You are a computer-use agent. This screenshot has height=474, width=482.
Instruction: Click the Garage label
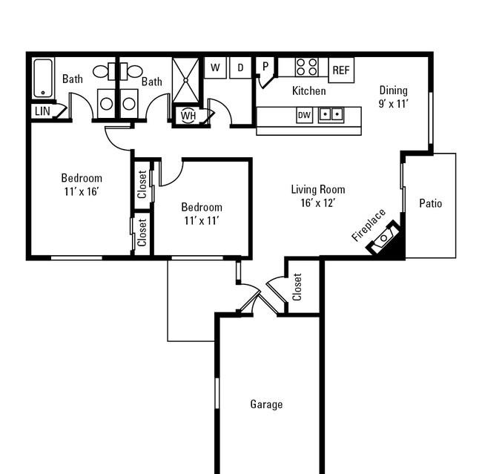[x=266, y=404]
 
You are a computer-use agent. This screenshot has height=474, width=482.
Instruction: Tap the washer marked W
[x=215, y=68]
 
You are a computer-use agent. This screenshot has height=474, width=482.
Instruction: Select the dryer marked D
[x=240, y=68]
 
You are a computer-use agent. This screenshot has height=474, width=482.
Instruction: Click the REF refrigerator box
[x=341, y=70]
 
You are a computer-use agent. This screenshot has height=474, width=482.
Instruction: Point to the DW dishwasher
[x=304, y=115]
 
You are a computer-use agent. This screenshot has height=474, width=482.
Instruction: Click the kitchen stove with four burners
[x=307, y=67]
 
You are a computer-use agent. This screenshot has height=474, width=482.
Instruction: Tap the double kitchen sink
[x=331, y=114]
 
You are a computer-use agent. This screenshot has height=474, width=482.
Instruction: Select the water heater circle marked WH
[x=188, y=116]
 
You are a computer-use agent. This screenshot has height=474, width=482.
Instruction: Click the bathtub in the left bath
[x=43, y=78]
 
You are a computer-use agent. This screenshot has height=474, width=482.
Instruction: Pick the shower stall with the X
[x=185, y=80]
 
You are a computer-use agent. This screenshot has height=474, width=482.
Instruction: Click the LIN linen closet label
[x=42, y=111]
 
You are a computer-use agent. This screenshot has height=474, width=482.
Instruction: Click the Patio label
[x=431, y=203]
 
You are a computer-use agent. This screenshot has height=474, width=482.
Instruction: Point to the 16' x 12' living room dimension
[x=318, y=203]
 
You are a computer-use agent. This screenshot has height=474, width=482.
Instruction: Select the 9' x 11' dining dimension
[x=393, y=104]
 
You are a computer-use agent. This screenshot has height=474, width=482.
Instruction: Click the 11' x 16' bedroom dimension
[x=82, y=191]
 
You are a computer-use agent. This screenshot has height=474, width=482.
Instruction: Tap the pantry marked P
[x=265, y=67]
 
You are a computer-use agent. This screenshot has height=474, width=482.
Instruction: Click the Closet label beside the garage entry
[x=297, y=286]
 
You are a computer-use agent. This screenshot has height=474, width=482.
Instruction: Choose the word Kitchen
[x=309, y=91]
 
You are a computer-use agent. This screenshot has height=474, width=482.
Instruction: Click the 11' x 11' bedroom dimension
[x=202, y=221]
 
